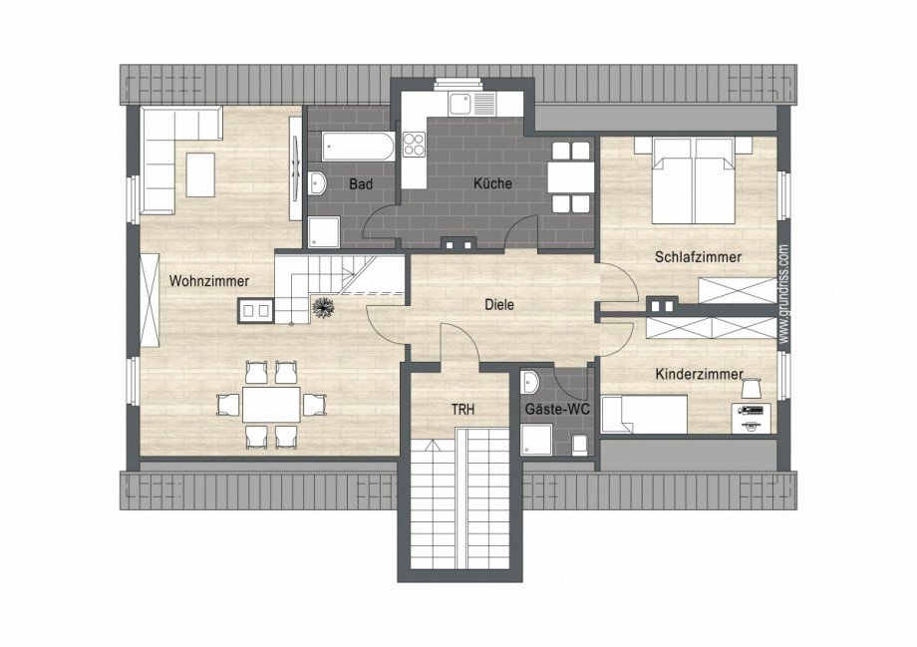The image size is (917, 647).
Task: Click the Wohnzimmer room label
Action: pos(209,281)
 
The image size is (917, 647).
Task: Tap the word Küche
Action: pos(492,183)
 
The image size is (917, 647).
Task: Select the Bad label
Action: pos(361,184)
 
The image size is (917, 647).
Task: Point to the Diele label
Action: pos(499,305)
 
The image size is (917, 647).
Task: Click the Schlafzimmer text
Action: pos(699,257)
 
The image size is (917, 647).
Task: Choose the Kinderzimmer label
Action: pos(700,375)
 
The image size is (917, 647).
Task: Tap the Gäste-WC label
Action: pos(557,410)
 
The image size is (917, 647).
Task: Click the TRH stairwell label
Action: pos(462,410)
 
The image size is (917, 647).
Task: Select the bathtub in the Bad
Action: pos(357,147)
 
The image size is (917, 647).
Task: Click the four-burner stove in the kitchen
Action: pos(414,144)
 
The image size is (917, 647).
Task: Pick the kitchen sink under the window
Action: pos(471,104)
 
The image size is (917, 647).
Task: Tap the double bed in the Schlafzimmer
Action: pos(694,180)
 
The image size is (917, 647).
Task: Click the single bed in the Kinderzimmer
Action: pos(644,414)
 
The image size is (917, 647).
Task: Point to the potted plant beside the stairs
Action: pos(322,308)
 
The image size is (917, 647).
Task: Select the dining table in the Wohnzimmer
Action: pos(271,405)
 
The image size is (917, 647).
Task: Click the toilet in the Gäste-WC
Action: pos(579,444)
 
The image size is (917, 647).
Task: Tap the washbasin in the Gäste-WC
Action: pos(531,382)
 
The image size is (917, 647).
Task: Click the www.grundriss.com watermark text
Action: pos(784,294)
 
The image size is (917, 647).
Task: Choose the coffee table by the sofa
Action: pos(200,174)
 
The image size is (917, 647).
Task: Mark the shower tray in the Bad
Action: pos(323,232)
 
